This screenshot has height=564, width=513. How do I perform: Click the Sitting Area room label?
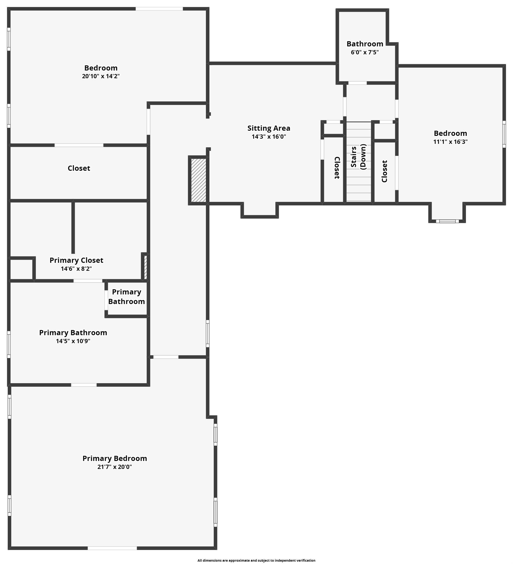[x=269, y=128]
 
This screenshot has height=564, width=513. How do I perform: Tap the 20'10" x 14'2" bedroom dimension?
[x=101, y=76]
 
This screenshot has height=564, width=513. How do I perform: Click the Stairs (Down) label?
[x=358, y=157]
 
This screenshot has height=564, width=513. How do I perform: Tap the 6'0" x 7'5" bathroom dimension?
[x=365, y=52]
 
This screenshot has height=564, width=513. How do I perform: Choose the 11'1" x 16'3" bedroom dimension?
[x=450, y=141]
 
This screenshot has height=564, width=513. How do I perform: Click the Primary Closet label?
[x=76, y=260]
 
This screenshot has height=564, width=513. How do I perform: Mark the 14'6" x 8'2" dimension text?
[x=76, y=269]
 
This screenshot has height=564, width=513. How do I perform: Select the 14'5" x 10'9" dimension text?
[x=73, y=341]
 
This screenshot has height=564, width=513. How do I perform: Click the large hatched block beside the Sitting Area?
[x=198, y=180]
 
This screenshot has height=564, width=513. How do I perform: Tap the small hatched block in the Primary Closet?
[x=145, y=267]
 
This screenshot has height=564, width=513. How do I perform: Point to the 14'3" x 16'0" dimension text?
[x=269, y=137]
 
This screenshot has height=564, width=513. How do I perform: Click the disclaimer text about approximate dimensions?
[x=256, y=560]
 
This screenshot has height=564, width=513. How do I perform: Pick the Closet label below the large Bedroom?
[x=79, y=168]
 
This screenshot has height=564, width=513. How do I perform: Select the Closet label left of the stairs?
[x=337, y=168]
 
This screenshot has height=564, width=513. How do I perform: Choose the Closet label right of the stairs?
[x=384, y=171]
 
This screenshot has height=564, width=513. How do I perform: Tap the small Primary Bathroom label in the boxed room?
[x=127, y=296]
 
